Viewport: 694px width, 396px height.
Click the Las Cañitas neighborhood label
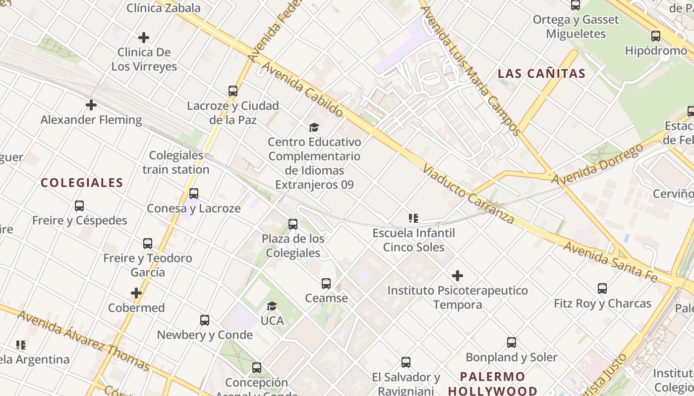(x=541, y=74)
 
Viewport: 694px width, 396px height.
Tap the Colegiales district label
(x=82, y=183)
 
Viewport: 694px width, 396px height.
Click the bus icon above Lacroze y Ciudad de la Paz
(x=233, y=91)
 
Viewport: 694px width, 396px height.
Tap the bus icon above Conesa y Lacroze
(x=194, y=194)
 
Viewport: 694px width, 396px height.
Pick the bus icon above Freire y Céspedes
(x=79, y=206)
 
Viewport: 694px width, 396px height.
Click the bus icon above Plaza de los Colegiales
(x=293, y=224)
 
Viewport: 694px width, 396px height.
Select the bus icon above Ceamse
(x=326, y=284)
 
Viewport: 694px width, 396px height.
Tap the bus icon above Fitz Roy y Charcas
(x=602, y=289)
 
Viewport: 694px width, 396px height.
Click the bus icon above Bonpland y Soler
(x=512, y=343)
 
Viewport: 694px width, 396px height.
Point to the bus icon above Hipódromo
(x=656, y=36)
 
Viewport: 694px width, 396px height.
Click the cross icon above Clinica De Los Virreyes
(x=144, y=38)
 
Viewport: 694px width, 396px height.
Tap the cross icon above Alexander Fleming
(x=91, y=105)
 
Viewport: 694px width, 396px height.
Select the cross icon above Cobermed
(x=136, y=293)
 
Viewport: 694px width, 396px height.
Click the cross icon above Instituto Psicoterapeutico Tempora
(x=458, y=276)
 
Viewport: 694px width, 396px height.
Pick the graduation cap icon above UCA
(x=272, y=306)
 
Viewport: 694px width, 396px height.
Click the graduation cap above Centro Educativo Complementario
(x=314, y=128)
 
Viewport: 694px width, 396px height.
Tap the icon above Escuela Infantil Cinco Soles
(x=413, y=218)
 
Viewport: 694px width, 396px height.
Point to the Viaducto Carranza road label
(x=468, y=194)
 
